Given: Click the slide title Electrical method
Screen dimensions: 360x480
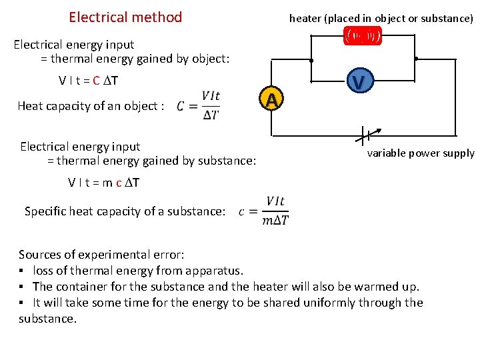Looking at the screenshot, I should coord(125,17).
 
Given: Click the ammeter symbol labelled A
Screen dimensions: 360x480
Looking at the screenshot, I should coord(271,100).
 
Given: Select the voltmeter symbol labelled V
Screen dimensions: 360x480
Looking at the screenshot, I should coord(358,83).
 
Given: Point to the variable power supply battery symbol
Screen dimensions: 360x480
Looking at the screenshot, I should coord(362,135).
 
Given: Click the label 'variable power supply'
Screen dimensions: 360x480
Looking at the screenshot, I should coord(420,153).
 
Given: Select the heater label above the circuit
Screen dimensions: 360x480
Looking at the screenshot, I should coord(381,19).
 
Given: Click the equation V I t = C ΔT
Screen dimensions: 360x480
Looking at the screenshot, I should coord(89,81).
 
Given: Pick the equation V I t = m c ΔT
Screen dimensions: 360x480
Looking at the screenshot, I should coord(103,183).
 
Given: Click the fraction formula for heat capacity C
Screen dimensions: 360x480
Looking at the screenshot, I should coord(199,105).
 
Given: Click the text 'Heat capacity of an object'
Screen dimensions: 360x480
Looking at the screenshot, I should coord(91,106).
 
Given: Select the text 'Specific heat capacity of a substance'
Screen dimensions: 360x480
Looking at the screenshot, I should coord(125,211).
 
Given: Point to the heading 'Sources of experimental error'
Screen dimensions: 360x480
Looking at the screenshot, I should coord(101,255).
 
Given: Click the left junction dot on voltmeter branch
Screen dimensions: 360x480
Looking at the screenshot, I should coord(311,60).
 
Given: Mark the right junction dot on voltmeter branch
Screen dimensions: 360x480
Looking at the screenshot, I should coord(415,59).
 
